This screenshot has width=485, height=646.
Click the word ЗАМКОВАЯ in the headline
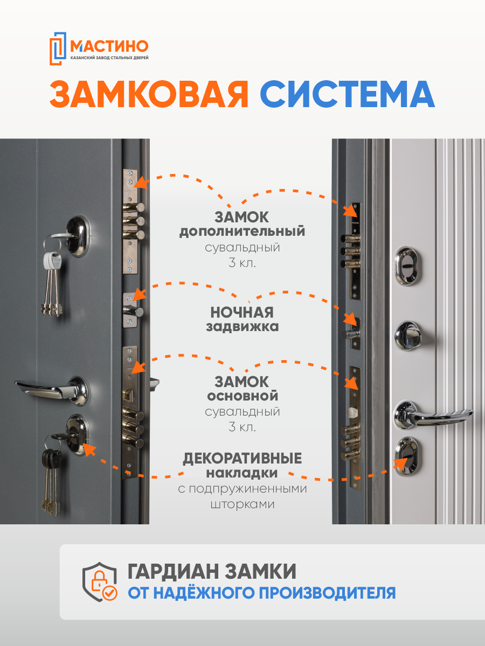pos(149,95)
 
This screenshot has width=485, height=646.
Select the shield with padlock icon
pos(100,582)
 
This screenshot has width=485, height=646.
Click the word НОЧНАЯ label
pos(242,313)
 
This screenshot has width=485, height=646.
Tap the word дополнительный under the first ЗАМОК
pos(242,232)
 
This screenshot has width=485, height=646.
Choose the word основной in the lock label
pos(242,396)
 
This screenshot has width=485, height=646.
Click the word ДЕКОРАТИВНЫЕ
pos(242,459)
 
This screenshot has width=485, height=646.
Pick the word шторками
pos(242,504)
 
